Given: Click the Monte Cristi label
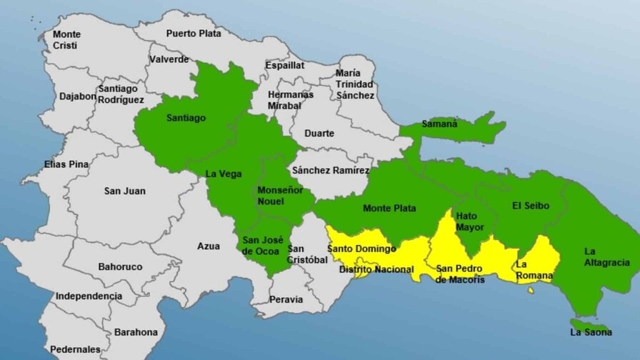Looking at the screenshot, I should [66, 40].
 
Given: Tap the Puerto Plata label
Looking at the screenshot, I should [194, 33].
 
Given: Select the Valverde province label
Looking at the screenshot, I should [169, 59].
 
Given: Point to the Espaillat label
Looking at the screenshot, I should [285, 65].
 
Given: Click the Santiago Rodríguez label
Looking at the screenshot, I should [121, 94].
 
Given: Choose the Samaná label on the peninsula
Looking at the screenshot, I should [439, 124].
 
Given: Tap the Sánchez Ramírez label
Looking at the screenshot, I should [331, 171].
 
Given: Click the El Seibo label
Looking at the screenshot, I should [531, 206].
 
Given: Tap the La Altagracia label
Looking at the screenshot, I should [606, 257].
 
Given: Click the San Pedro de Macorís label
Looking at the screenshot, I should [460, 274].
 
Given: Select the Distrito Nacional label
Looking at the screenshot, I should [376, 269].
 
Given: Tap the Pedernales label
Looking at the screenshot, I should [75, 349].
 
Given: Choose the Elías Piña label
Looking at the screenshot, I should [66, 164].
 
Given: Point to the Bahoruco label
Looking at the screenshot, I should [120, 266].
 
